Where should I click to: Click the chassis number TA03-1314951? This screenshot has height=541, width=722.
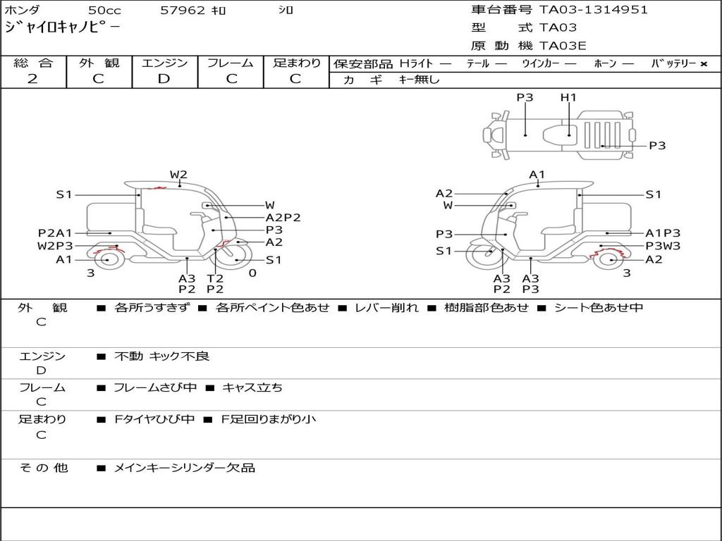(594, 10)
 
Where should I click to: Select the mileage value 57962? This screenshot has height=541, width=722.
(183, 10)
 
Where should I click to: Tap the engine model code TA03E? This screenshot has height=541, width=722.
(563, 46)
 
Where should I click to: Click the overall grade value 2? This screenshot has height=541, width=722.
(32, 79)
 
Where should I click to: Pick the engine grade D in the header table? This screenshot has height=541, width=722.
(164, 79)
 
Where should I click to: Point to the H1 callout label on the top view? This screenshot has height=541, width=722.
(568, 97)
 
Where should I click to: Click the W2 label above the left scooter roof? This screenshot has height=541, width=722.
(178, 175)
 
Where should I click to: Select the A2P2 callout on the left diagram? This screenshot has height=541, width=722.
(283, 218)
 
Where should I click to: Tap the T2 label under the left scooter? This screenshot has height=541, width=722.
(215, 278)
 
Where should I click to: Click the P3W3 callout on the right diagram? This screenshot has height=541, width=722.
(663, 246)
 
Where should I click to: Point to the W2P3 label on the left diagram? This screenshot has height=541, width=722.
(55, 246)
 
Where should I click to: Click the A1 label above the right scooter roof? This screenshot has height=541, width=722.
(537, 175)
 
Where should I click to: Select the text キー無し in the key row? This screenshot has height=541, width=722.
(419, 80)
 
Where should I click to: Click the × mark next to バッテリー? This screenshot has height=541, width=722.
(704, 64)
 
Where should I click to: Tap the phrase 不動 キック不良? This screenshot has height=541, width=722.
(161, 356)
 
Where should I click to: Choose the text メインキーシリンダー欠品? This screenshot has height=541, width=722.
(184, 468)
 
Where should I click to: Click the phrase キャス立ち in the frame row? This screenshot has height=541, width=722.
(252, 388)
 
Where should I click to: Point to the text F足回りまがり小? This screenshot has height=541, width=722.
(269, 419)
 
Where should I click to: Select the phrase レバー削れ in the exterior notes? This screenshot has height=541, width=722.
(387, 307)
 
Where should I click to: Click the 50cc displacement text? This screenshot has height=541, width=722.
(104, 10)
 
